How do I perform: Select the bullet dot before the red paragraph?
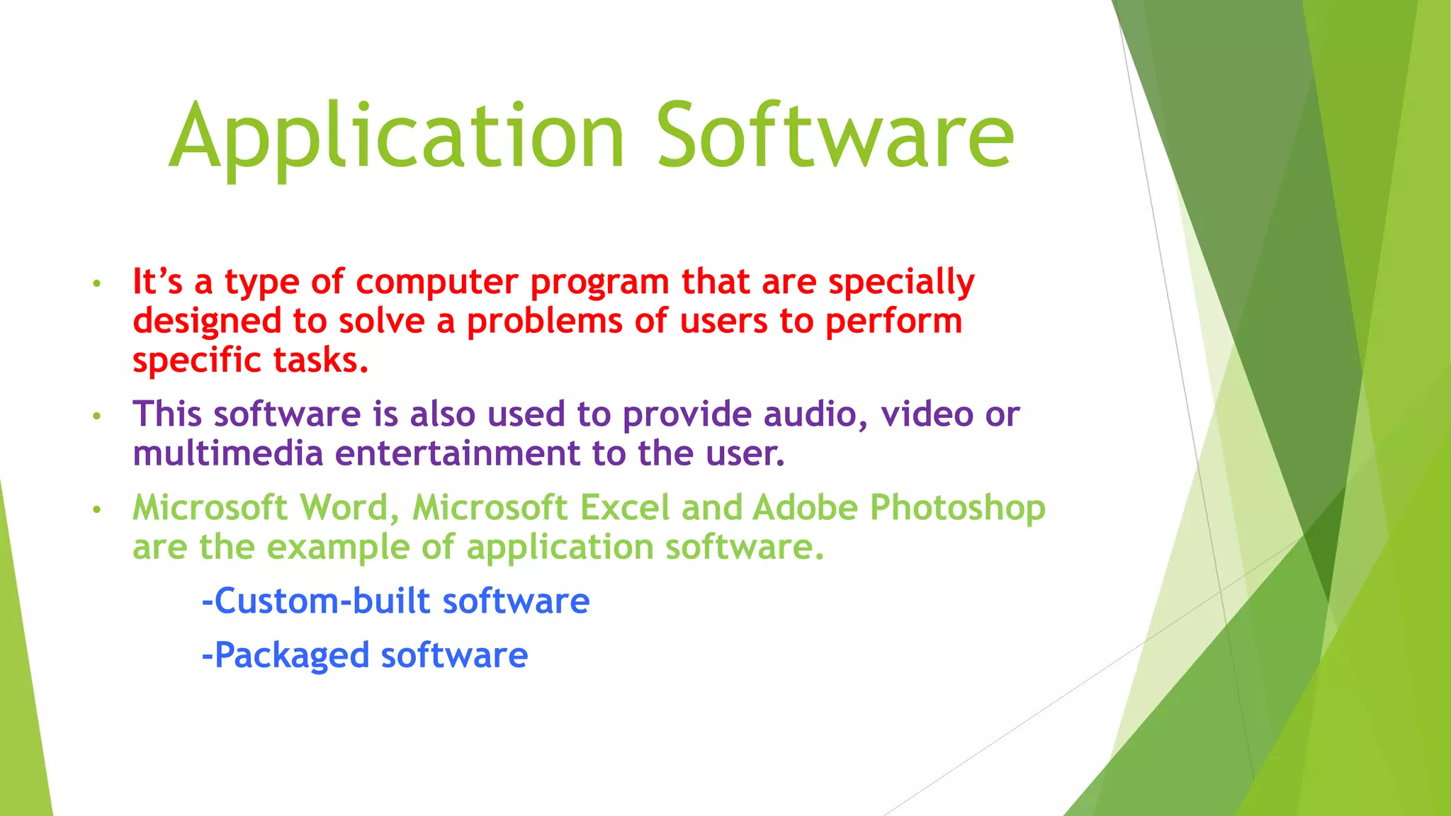click(97, 285)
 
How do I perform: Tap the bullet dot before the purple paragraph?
click(97, 416)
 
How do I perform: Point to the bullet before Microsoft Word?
click(97, 510)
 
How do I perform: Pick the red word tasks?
click(321, 360)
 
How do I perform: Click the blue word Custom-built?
click(322, 601)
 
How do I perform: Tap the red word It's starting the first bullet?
click(157, 282)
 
